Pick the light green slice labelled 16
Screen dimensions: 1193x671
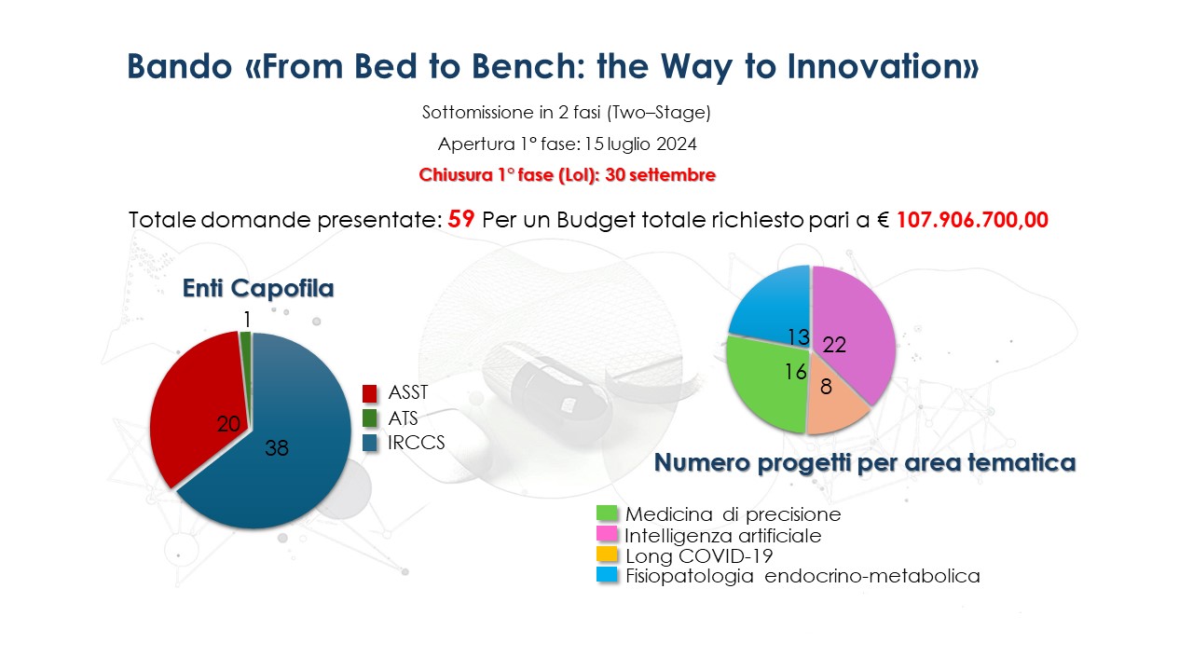[x=767, y=383]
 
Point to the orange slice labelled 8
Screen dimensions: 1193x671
[x=833, y=404]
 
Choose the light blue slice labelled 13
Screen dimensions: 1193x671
[x=773, y=308]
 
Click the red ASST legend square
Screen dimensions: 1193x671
[x=370, y=393]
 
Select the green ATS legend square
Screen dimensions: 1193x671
[x=370, y=418]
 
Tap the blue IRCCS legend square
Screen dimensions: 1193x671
[x=370, y=443]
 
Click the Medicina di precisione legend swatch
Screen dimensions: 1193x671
[x=607, y=514]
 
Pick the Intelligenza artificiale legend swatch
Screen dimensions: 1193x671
[x=607, y=534]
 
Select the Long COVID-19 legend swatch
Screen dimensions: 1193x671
[x=607, y=555]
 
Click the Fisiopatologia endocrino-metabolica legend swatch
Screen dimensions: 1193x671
[x=607, y=575]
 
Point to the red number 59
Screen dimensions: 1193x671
[x=461, y=219]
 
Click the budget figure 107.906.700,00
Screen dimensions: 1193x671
[x=972, y=220]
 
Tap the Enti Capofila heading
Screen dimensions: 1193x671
[x=258, y=288]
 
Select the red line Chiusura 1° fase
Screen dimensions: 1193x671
[x=568, y=174]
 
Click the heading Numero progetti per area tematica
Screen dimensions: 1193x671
[x=865, y=462]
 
